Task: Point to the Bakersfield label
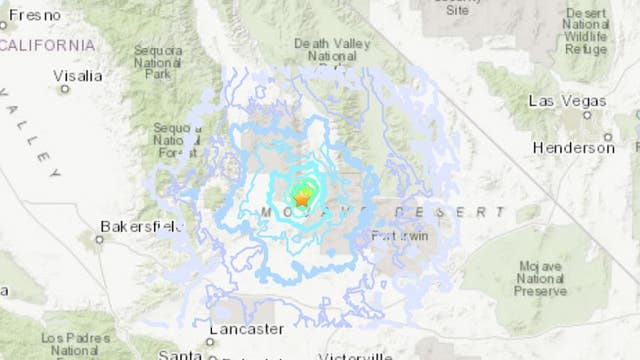[141, 226]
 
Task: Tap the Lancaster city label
[246, 328]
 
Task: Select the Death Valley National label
[331, 56]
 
